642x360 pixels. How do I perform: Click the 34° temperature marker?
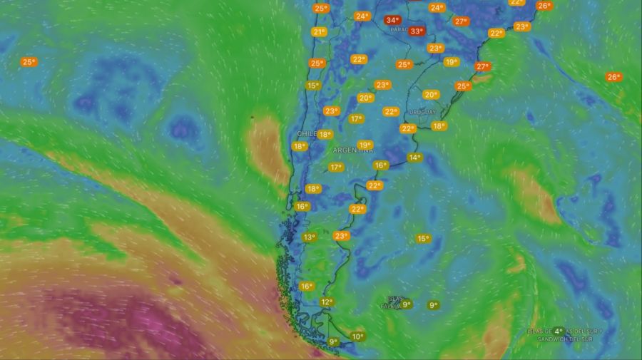coord(392,20)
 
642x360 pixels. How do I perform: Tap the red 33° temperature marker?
coord(417,31)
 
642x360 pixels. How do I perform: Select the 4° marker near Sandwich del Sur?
coord(559,331)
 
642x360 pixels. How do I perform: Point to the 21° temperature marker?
coord(319,32)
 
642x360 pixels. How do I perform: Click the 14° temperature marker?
coord(414,158)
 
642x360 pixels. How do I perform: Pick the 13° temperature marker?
coord(309,237)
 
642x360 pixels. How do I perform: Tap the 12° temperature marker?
coord(327,302)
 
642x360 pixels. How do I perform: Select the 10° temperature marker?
coord(357,336)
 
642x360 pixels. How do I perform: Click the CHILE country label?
coord(306,134)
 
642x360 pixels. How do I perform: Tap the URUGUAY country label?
coord(422,113)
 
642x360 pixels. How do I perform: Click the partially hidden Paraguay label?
coord(399,30)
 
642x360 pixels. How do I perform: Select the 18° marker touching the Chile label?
coord(325,134)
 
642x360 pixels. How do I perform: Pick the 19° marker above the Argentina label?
coord(365,145)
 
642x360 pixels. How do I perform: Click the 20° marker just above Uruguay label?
coord(431,95)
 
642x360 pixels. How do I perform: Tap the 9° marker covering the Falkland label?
coord(406,304)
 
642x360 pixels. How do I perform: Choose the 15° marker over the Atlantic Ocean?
coord(423,239)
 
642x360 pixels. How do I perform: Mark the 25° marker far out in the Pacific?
coord(29,62)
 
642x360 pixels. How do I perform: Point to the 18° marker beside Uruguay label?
coord(439,126)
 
